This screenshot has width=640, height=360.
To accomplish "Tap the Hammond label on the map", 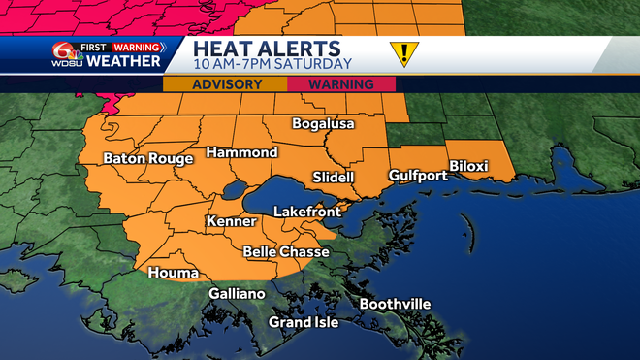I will click(241, 153).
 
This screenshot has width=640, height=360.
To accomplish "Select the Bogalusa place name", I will click(325, 124).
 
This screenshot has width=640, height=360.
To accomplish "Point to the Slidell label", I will click(335, 178).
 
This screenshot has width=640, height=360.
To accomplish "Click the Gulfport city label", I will click(418, 176).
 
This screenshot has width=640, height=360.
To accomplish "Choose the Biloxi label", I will click(468, 166).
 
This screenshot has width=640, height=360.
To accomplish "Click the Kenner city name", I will click(232, 222).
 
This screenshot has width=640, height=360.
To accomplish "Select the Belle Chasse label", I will click(286, 252).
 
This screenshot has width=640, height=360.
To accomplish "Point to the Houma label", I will click(173, 274).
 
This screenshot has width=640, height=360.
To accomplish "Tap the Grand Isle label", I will click(304, 322).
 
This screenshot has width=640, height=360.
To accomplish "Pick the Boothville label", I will click(395, 305).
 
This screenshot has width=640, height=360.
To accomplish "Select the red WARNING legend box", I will click(341, 84).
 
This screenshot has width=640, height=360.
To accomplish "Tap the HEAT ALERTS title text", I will click(267, 49).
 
